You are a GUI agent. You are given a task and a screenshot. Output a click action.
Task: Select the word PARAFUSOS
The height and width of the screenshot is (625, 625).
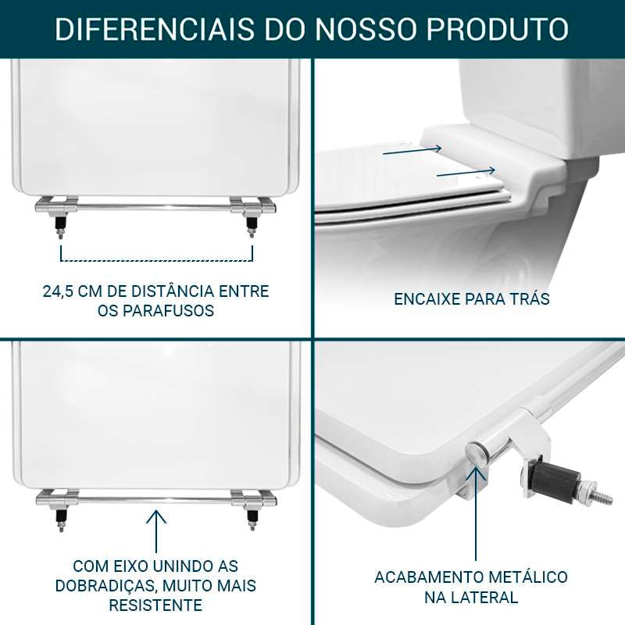[x=167, y=311]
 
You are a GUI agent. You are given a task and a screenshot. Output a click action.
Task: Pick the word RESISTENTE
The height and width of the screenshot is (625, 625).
[x=155, y=605]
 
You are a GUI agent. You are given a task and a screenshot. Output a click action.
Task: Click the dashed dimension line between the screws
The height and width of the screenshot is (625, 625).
[x=156, y=259]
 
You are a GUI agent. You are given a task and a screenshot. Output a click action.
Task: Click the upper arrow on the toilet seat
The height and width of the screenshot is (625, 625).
[x=412, y=151]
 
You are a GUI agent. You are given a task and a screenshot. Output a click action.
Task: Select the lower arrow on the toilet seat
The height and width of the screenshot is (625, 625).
[x=466, y=172]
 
